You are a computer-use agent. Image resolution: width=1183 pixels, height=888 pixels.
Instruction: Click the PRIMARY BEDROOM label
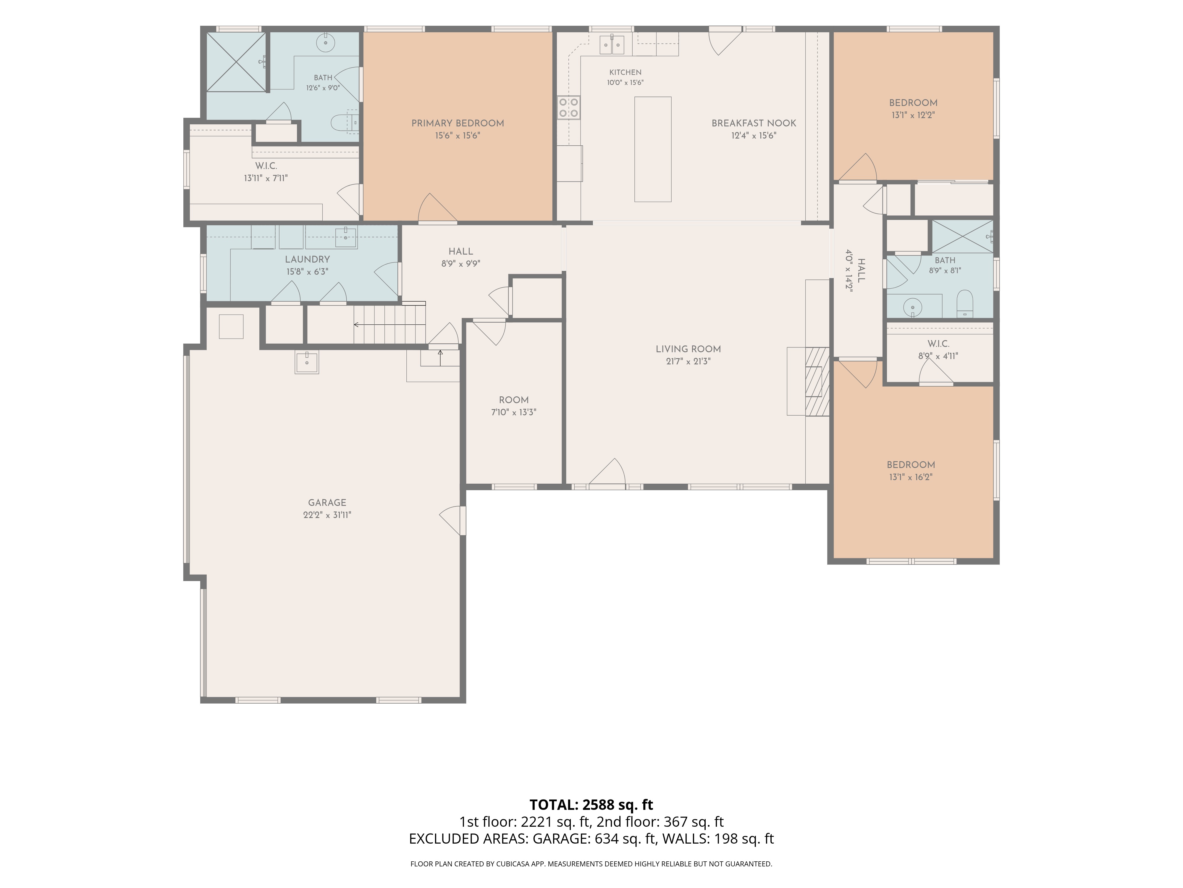[x=457, y=123]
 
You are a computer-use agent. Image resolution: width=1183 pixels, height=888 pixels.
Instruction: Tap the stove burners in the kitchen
[x=568, y=107]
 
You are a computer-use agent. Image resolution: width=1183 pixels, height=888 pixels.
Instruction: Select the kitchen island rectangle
[x=652, y=149]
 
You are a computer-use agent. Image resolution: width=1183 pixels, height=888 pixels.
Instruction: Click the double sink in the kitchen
[x=612, y=44]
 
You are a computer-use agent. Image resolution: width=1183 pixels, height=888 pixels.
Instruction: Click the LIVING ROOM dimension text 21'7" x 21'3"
[x=688, y=361]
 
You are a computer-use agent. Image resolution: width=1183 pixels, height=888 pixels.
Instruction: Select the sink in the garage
[x=307, y=362]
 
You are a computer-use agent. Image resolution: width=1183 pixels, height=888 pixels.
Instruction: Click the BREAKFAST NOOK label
[x=754, y=123]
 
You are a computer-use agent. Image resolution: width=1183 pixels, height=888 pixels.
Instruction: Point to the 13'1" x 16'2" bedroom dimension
[x=911, y=477]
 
